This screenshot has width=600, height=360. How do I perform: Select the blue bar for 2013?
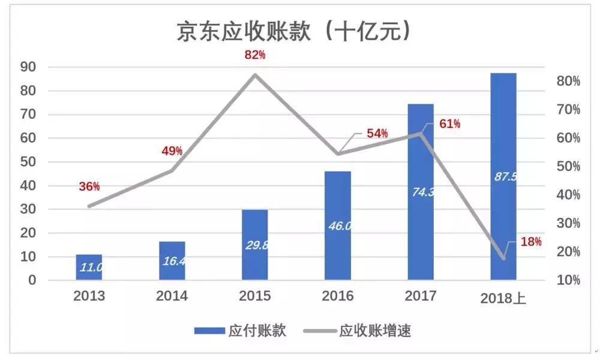tap(89, 267)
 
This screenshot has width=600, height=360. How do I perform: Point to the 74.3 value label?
tap(421, 192)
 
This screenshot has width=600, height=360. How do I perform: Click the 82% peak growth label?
tap(254, 55)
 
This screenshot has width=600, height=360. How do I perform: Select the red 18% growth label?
tap(531, 242)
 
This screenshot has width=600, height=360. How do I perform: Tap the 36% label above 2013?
tap(89, 187)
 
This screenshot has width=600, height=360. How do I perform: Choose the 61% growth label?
tap(449, 124)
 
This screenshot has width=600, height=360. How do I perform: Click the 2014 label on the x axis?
tap(172, 296)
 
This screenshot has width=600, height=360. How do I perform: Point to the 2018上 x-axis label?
tap(503, 298)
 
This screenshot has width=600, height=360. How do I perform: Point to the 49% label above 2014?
tap(172, 151)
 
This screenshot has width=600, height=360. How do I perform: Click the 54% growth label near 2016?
tap(377, 133)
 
